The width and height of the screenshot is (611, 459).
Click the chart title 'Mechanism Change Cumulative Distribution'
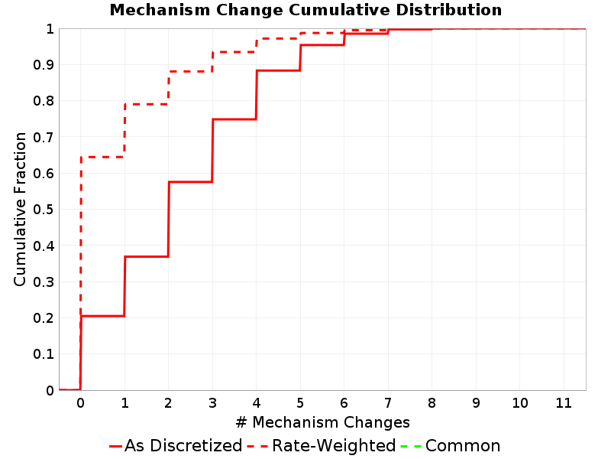(305, 10)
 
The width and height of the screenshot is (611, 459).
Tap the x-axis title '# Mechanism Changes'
(322, 422)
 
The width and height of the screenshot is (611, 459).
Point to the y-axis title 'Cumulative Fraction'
(20, 209)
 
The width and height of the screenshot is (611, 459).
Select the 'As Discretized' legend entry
(176, 445)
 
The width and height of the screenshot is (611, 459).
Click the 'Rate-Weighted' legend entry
(322, 445)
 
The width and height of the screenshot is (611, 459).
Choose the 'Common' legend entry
(450, 445)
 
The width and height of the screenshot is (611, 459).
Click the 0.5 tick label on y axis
(44, 210)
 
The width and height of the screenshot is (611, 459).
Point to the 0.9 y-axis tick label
(44, 65)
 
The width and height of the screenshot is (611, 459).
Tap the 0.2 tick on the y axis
(44, 318)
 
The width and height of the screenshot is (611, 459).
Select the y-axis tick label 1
(50, 29)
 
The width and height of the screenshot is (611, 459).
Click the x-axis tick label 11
(564, 402)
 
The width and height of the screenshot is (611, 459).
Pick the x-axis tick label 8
(432, 402)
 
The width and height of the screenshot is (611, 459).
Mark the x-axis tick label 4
(256, 402)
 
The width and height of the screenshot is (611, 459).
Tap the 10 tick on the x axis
(520, 402)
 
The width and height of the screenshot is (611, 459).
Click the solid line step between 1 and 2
(147, 256)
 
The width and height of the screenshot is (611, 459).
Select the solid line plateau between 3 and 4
(234, 119)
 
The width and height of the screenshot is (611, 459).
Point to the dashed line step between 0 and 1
(102, 157)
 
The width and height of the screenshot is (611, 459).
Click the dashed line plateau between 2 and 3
(190, 71)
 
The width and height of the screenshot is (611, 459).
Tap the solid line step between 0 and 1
(102, 316)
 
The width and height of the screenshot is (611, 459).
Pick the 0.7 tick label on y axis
(44, 138)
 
